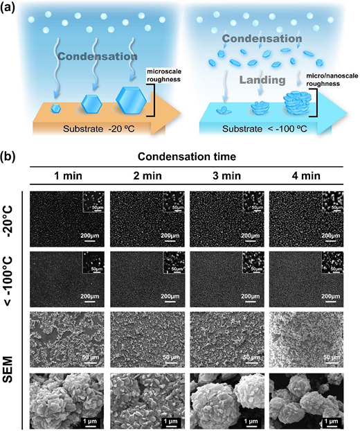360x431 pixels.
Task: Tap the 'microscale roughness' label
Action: (164, 76)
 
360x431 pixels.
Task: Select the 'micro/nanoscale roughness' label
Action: (323, 80)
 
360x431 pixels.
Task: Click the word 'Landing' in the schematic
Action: (262, 80)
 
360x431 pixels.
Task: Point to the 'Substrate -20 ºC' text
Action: (99, 129)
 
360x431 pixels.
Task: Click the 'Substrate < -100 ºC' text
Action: (264, 129)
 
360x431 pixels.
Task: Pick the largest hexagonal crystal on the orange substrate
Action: (131, 100)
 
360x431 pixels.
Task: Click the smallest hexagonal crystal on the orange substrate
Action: (56, 109)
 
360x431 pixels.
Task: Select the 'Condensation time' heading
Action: (187, 157)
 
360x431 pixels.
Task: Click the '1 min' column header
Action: (68, 175)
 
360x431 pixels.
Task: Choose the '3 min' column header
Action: (226, 175)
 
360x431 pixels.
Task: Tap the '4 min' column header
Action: (306, 175)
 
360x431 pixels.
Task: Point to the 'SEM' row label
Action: (9, 369)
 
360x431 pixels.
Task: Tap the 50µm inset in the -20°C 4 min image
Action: (332, 202)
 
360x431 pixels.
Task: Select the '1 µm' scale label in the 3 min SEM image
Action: (251, 421)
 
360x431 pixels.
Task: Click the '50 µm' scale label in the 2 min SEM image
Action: (172, 358)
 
